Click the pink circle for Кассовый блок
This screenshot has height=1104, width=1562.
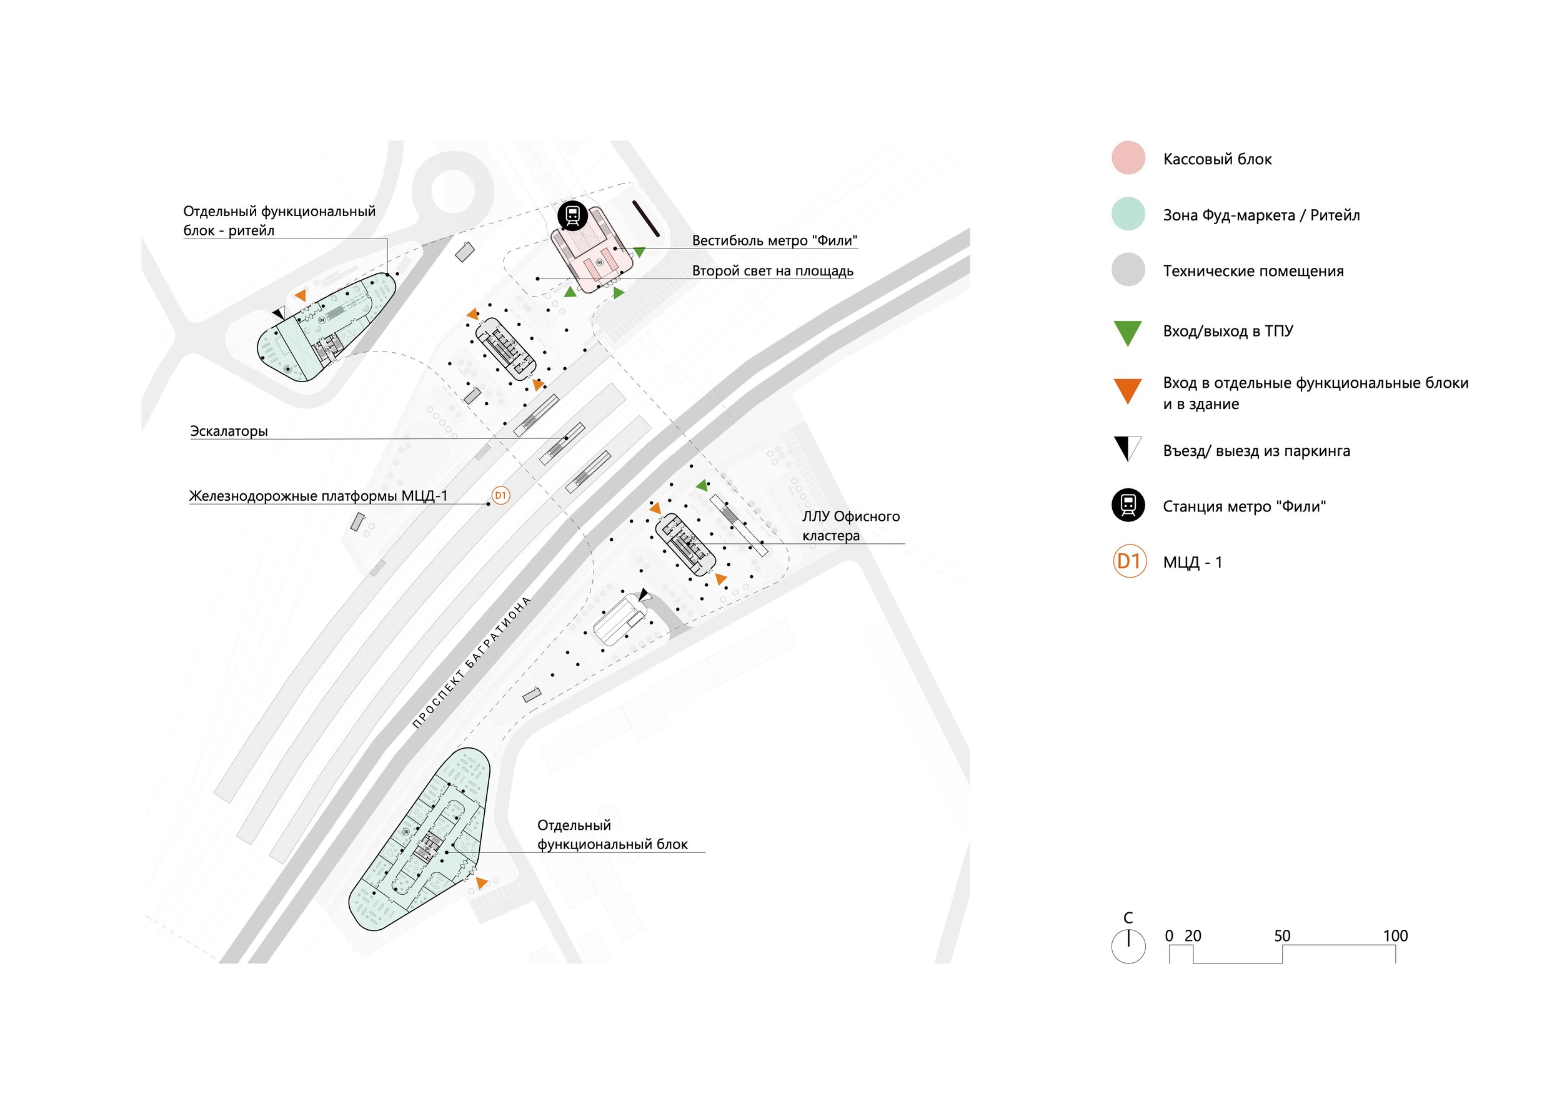coord(1128,158)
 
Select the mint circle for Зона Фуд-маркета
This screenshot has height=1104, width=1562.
coord(1128,214)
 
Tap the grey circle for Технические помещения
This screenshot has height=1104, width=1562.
coord(1128,270)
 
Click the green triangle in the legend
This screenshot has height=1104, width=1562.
coord(1127,332)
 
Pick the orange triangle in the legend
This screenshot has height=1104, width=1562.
coord(1127,390)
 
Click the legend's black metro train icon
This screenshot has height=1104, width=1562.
coord(1128,505)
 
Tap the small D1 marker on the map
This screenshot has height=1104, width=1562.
coord(500,496)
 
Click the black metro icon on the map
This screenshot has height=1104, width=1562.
coord(573,215)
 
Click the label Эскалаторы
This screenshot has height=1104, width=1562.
coord(229,431)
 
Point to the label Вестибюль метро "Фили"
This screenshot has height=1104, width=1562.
coord(774,240)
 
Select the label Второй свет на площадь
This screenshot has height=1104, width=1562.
coord(772,270)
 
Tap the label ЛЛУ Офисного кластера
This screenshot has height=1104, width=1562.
coord(850,526)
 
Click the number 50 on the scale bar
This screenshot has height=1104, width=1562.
coord(1281,936)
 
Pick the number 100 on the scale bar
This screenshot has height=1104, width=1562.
coord(1395,936)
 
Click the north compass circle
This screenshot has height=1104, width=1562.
coord(1128,946)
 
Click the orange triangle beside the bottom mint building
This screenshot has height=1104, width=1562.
coord(481,882)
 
